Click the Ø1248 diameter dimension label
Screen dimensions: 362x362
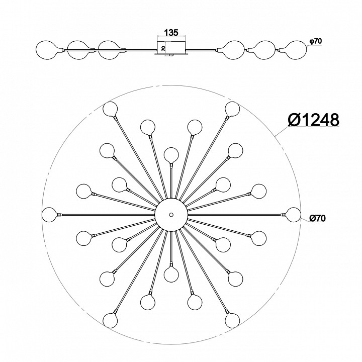coord(314,120)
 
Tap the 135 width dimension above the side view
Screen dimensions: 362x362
coord(171,33)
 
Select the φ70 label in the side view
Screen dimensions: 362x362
coord(316,41)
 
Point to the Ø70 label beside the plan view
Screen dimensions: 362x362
coord(317,218)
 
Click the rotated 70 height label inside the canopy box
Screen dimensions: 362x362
coord(163,48)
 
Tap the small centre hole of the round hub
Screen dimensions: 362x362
coord(171,215)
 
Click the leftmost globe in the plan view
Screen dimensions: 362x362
coord(50,215)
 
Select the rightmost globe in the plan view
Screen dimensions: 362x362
coord(294,215)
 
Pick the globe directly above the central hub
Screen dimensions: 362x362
coord(171,154)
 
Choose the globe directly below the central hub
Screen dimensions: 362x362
coord(171,275)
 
